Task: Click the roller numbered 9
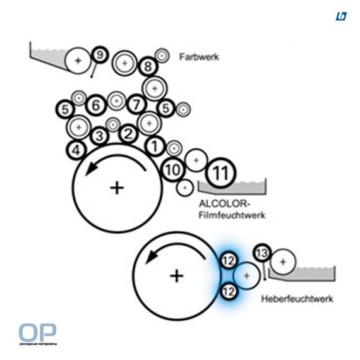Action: point(100,55)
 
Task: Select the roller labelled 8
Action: point(148,66)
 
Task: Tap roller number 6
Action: point(96,105)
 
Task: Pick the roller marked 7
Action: point(136,105)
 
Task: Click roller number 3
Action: point(99,136)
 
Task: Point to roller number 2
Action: point(128,134)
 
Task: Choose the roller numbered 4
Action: point(76,150)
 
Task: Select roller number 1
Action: point(155,147)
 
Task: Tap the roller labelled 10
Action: point(172,170)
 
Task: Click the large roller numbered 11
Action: point(220,172)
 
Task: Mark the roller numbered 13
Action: point(262,253)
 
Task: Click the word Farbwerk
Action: point(199,57)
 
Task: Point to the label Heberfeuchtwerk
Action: point(297,299)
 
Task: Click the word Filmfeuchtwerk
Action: point(232,215)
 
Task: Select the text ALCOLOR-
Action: point(224,203)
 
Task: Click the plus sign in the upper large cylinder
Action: point(117,188)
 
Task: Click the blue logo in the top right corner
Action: point(341,16)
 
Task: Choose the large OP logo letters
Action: point(37,332)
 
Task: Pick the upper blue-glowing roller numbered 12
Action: point(229,261)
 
